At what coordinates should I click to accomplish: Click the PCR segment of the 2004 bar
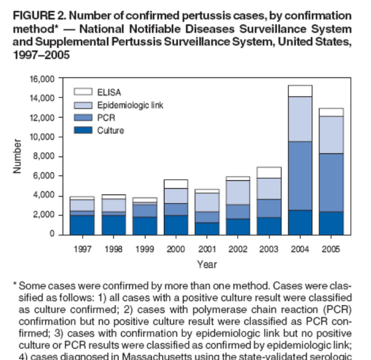pyautogui.click(x=299, y=176)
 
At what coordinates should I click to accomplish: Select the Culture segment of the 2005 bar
pyautogui.click(x=331, y=223)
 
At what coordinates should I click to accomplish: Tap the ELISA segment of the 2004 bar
pyautogui.click(x=299, y=91)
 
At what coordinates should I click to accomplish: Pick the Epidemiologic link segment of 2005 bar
pyautogui.click(x=331, y=135)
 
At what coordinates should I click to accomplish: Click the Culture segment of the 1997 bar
pyautogui.click(x=82, y=224)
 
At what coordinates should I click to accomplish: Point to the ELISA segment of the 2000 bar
pyautogui.click(x=175, y=184)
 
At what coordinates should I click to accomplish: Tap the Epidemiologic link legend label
pyautogui.click(x=130, y=105)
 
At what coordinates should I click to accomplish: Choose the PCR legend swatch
pyautogui.click(x=83, y=117)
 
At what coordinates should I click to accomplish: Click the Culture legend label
pyautogui.click(x=110, y=130)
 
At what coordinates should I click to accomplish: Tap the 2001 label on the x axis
pyautogui.click(x=207, y=249)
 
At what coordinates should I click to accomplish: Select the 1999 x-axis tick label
pyautogui.click(x=144, y=249)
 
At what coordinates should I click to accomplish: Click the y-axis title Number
pyautogui.click(x=17, y=156)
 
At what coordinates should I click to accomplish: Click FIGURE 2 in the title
pyautogui.click(x=35, y=16)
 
